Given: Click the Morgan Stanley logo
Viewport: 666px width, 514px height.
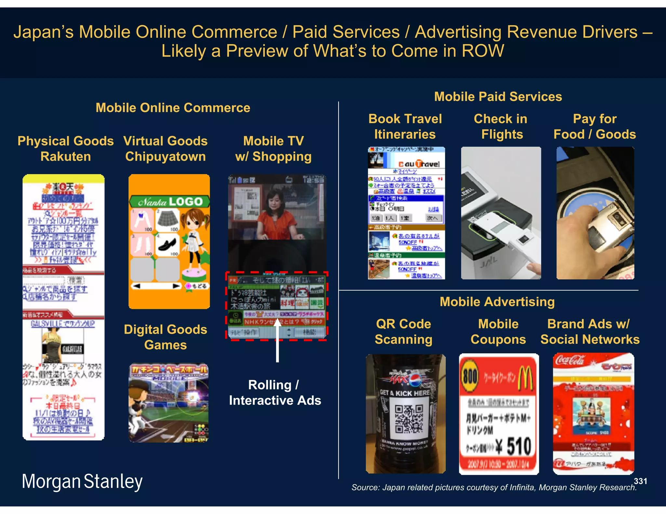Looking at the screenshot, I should click(x=82, y=481).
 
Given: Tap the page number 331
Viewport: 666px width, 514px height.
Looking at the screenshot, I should click(x=640, y=481).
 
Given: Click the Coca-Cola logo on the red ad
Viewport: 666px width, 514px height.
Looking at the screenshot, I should click(x=570, y=360).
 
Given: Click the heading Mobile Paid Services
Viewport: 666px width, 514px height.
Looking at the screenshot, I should click(x=498, y=97).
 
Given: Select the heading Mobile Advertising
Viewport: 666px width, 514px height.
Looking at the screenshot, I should click(x=497, y=302).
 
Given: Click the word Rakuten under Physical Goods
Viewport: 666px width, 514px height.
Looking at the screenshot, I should click(x=66, y=157).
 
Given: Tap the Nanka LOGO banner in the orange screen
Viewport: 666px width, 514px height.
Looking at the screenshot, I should click(x=169, y=202).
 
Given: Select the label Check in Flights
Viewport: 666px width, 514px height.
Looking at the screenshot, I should click(x=501, y=126).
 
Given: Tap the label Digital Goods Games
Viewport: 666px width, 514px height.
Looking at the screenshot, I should click(x=165, y=337).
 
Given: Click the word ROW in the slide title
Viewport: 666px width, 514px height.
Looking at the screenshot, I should click(x=483, y=51).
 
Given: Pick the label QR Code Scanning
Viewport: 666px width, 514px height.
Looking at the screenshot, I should click(x=404, y=331).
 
